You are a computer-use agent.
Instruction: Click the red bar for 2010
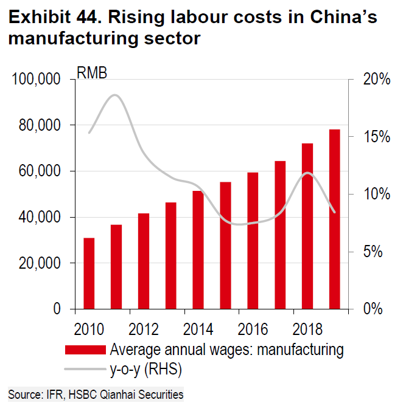(89, 273)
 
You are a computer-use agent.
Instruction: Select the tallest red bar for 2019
(334, 219)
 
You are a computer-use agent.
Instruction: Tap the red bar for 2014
(198, 250)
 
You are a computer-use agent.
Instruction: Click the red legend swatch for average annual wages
(85, 350)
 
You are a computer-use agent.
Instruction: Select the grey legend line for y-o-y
(85, 367)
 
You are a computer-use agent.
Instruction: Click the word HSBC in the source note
(85, 395)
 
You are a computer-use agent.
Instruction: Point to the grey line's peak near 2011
(114, 95)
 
